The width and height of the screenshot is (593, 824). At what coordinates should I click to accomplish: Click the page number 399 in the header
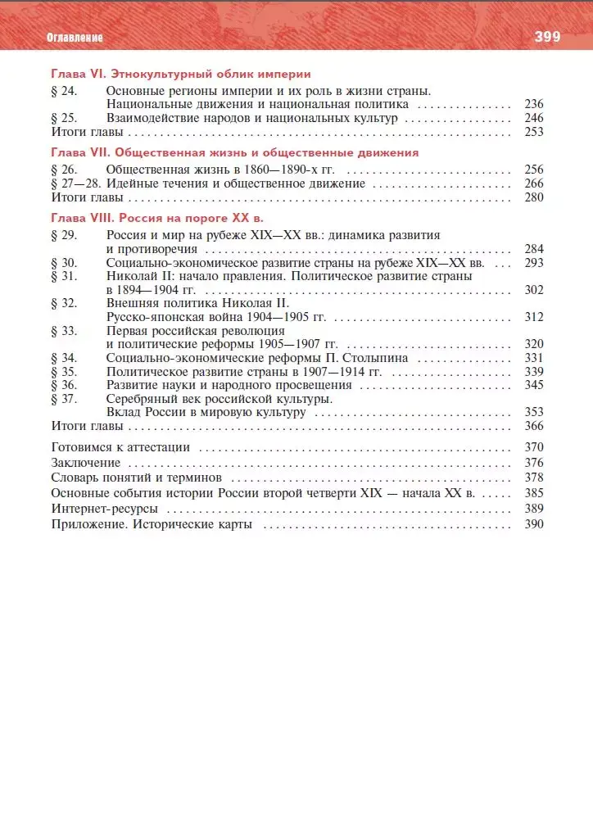click(x=546, y=37)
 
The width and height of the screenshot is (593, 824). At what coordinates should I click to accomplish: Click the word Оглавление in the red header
click(x=75, y=38)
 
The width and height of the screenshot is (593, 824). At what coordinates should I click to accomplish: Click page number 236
click(x=534, y=105)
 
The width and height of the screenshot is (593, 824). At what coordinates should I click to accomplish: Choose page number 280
click(x=534, y=197)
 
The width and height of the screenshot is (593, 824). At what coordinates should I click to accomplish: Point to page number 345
click(x=534, y=385)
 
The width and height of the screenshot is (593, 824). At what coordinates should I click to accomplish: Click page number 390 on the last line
click(x=534, y=524)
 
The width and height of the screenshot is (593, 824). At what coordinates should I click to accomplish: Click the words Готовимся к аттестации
click(x=120, y=447)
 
